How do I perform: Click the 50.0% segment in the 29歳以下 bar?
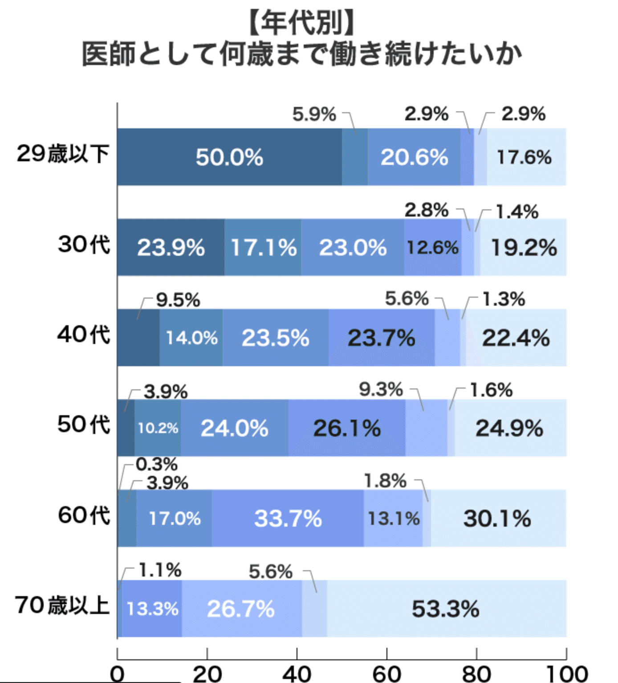tap(229, 157)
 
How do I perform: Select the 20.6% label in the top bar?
tap(414, 158)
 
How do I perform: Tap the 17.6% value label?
tap(524, 158)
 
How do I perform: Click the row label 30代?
tap(84, 245)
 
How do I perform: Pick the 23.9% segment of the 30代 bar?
tap(171, 247)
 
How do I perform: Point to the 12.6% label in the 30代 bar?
tap(433, 248)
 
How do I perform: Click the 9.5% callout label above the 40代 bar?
tap(178, 300)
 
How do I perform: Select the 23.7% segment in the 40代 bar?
tap(382, 338)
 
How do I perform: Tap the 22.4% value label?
tap(516, 338)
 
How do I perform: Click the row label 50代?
tap(84, 425)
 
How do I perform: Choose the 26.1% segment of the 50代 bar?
tap(347, 428)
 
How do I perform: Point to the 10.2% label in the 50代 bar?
tap(158, 428)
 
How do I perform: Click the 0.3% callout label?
tap(157, 464)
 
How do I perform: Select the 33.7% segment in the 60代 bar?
tap(288, 518)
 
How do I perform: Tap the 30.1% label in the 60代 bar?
tap(497, 519)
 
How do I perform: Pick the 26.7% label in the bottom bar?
tap(240, 609)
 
